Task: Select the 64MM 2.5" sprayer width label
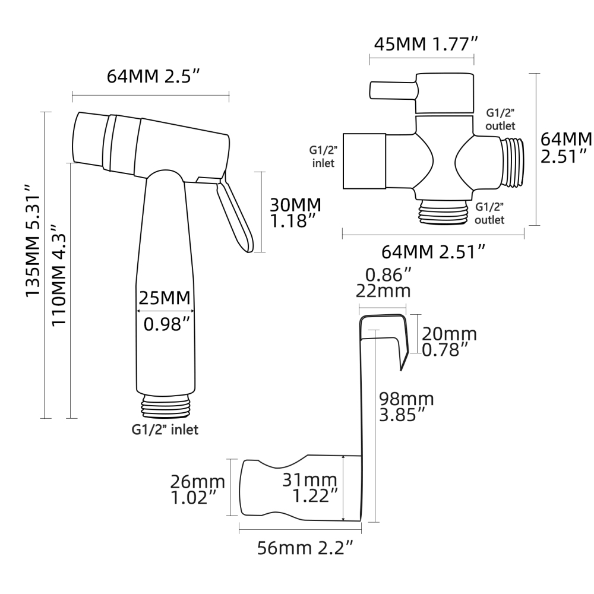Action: click(x=153, y=76)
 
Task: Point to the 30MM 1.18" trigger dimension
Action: click(x=295, y=213)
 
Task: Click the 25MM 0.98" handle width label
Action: click(x=166, y=310)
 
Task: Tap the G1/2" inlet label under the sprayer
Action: click(x=165, y=429)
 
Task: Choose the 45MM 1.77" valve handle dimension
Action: click(x=424, y=43)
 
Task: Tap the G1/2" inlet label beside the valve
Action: click(x=321, y=156)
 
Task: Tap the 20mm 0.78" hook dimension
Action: click(x=449, y=342)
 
